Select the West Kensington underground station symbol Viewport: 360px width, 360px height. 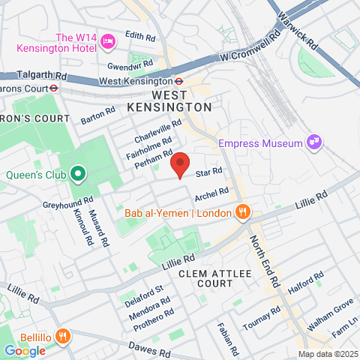180,81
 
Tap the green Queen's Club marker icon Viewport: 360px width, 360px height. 78,175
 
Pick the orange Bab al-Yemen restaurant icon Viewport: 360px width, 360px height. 241,213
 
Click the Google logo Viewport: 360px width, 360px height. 25,350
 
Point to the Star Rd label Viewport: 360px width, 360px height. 208,172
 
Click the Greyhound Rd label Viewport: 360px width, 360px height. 67,202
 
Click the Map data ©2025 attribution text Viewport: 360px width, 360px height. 327,354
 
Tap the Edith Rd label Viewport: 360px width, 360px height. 139,35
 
